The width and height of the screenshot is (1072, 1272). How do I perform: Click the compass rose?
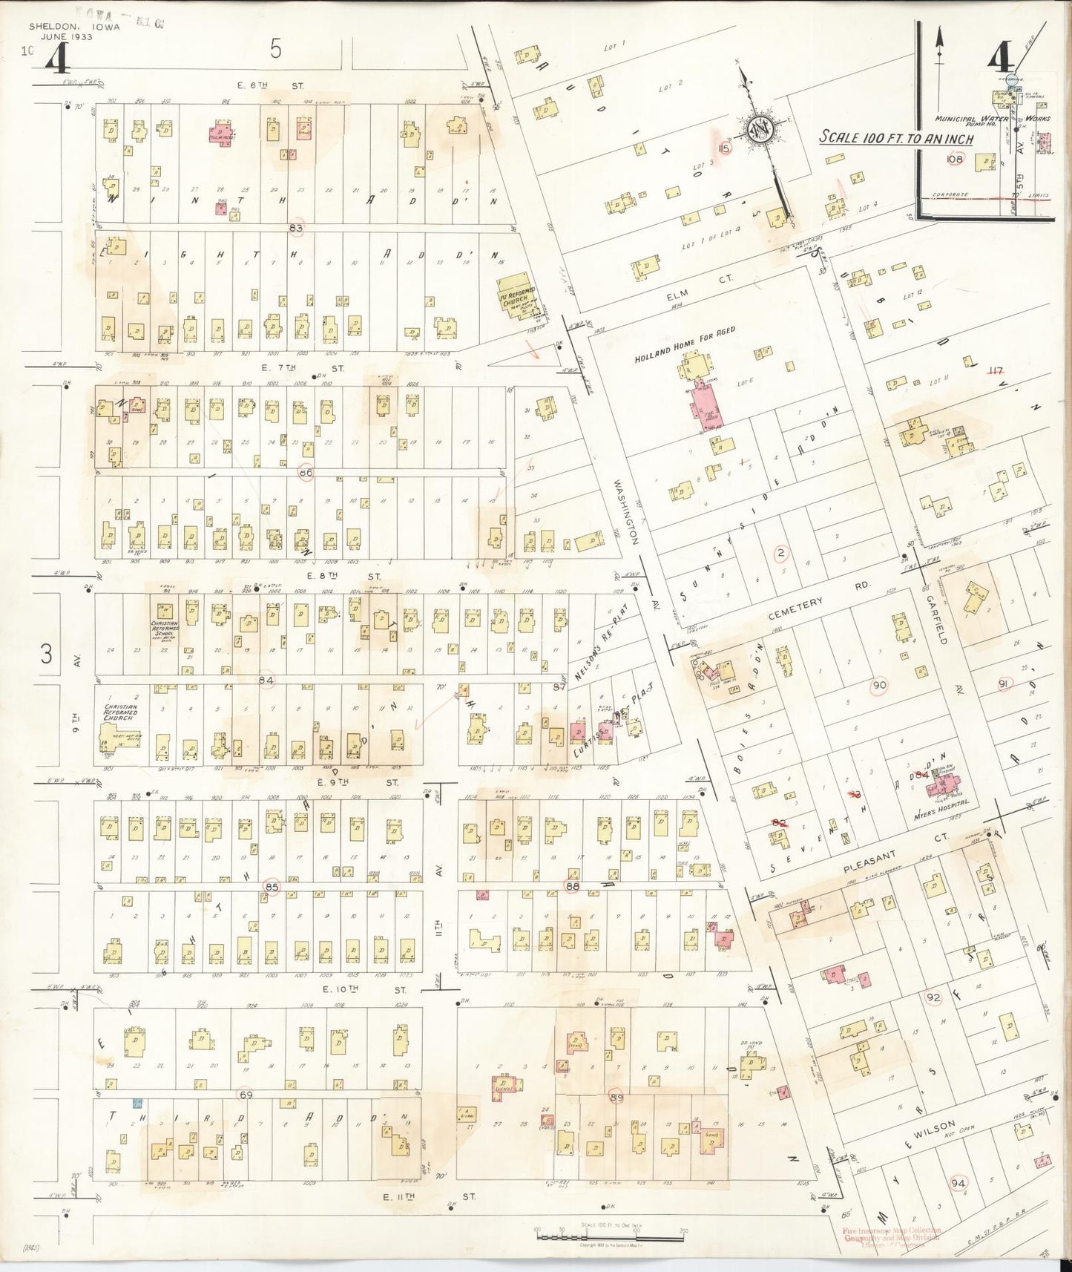[760, 128]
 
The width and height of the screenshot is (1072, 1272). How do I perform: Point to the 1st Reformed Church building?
[517, 295]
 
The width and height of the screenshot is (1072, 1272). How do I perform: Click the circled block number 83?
[296, 228]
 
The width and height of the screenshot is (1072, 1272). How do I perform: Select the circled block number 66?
[306, 472]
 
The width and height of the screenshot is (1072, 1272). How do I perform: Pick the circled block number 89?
[616, 1097]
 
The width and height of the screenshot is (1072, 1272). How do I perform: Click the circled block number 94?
[958, 1183]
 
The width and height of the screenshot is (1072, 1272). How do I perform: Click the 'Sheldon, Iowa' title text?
[73, 27]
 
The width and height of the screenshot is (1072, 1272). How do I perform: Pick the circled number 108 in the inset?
[954, 159]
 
